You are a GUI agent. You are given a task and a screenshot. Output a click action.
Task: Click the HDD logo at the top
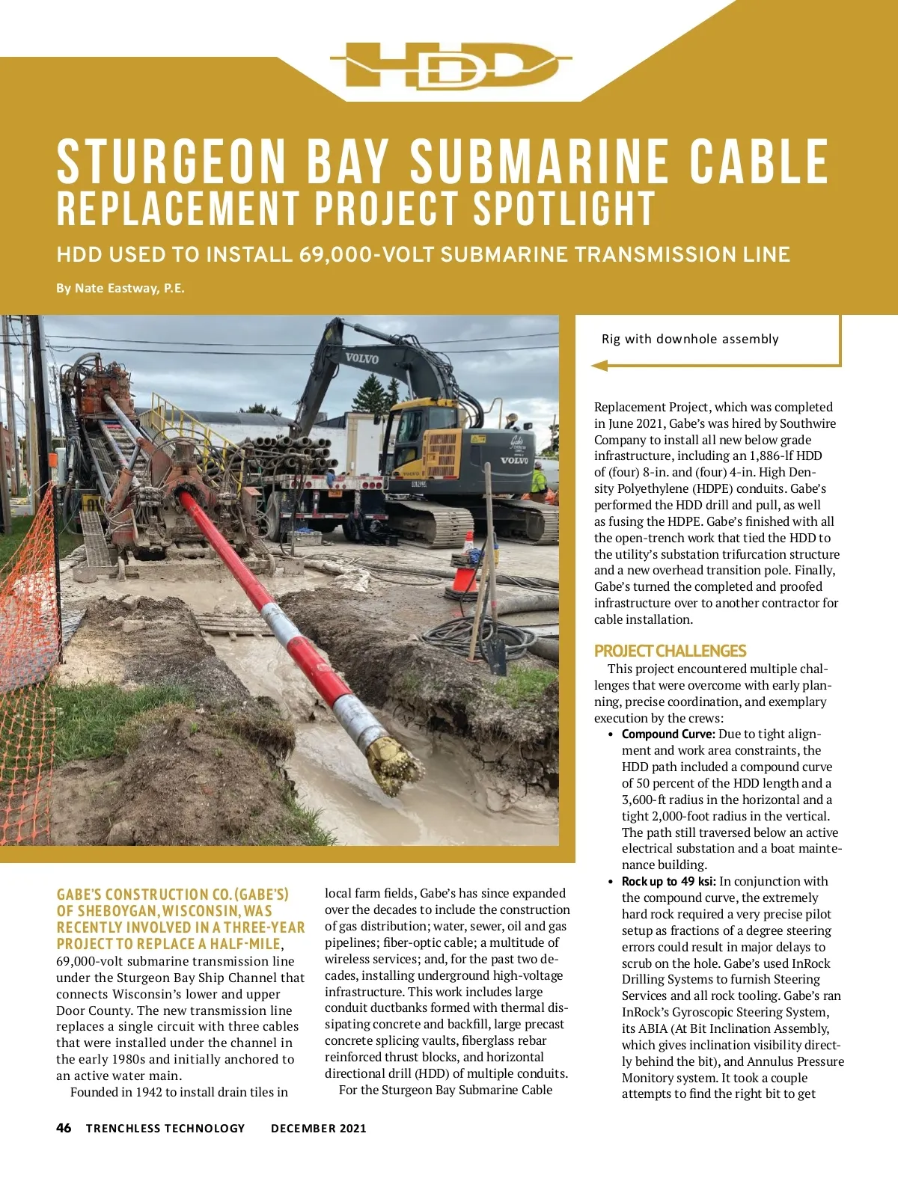pyautogui.click(x=449, y=66)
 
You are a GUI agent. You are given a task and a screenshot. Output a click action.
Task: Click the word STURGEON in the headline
pyautogui.click(x=171, y=162)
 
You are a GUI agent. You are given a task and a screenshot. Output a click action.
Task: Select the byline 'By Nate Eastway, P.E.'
pyautogui.click(x=120, y=288)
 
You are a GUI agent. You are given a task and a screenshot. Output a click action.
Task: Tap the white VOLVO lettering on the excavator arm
pyautogui.click(x=361, y=358)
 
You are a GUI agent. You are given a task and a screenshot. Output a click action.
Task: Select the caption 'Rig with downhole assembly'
pyautogui.click(x=690, y=339)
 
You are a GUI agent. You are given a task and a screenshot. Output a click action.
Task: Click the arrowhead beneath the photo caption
pyautogui.click(x=599, y=366)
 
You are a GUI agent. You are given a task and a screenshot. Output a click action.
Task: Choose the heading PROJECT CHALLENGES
pyautogui.click(x=670, y=651)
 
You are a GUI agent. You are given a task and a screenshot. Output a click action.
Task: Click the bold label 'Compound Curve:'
pyautogui.click(x=668, y=734)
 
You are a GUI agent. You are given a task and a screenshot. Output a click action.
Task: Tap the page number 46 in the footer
pyautogui.click(x=64, y=1128)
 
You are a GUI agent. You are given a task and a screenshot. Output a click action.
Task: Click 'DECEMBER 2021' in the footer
pyautogui.click(x=319, y=1129)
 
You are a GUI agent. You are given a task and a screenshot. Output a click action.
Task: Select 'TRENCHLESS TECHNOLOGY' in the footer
pyautogui.click(x=165, y=1129)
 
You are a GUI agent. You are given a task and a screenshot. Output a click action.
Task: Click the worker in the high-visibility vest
pyautogui.click(x=538, y=482)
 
